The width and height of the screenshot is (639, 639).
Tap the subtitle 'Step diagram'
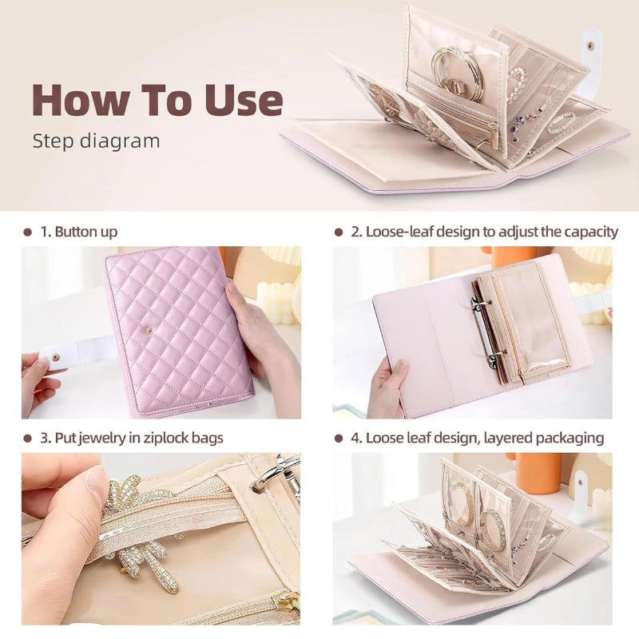[96, 141]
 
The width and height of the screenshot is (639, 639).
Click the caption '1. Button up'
[79, 232]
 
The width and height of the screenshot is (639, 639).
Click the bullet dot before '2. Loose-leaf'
[339, 232]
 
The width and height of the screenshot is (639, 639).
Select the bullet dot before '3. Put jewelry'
[27, 438]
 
